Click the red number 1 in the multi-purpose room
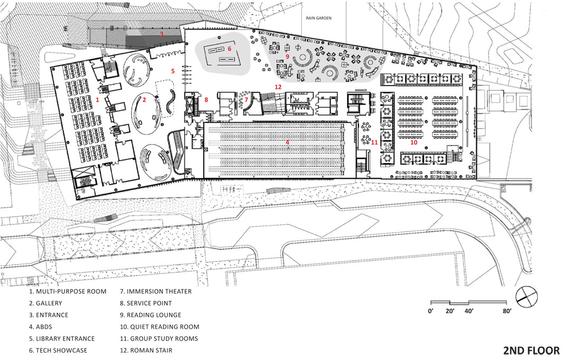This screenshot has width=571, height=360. (97, 99)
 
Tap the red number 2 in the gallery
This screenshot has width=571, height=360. (144, 99)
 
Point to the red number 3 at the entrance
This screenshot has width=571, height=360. (162, 34)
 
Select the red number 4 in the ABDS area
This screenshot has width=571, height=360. (287, 142)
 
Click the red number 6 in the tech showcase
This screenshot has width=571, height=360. (229, 49)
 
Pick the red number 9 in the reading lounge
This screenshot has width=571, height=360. (287, 57)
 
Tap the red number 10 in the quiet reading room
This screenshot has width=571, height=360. (413, 142)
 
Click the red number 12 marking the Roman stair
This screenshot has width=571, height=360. (278, 87)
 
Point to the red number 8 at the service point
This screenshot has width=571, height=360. (206, 99)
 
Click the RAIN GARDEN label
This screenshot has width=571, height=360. (319, 18)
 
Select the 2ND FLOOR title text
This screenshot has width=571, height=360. (531, 350)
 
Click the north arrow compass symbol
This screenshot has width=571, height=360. (527, 296)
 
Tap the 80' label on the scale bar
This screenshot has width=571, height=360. (507, 311)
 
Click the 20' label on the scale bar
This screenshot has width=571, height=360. (450, 311)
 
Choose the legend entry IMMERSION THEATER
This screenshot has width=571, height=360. (156, 292)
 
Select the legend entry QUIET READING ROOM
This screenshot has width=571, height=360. (160, 327)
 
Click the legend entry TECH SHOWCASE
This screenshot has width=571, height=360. (58, 350)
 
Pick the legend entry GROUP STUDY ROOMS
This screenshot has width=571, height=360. (159, 338)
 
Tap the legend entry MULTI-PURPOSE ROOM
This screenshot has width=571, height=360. (68, 292)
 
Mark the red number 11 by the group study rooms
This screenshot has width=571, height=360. (374, 142)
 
